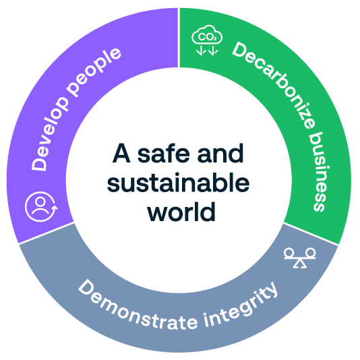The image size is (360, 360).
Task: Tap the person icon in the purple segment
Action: coord(41,206)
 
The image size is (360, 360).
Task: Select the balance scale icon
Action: coord(300,258)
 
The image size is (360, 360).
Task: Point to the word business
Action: coord(320,171)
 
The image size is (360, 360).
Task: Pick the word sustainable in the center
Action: coord(178,183)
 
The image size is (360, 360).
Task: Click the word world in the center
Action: coord(181,212)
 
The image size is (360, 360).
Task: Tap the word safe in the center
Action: coord(163,153)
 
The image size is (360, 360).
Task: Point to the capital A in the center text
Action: coord(121,153)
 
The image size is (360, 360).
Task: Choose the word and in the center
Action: coord(220,153)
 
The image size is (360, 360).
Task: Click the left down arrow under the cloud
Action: coord(200,51)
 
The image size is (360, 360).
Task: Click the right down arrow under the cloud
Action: coord(213,51)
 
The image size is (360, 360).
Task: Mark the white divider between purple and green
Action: coord(179,38)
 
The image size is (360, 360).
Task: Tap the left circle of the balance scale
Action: coord(289,253)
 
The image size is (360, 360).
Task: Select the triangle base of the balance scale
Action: coord(300,265)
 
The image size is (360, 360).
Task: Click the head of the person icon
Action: coord(40,202)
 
